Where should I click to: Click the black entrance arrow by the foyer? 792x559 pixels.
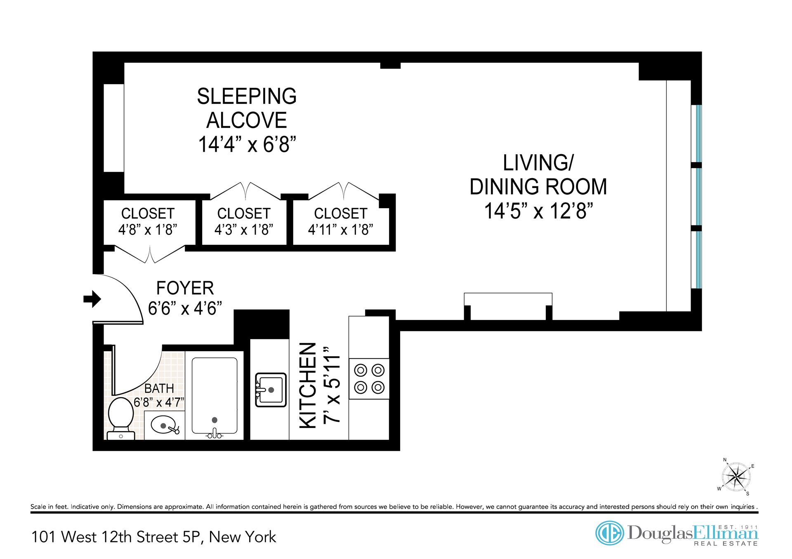(x=92, y=298)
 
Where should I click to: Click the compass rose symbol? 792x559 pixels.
(x=736, y=477)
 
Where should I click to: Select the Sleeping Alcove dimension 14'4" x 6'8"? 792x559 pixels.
(x=247, y=145)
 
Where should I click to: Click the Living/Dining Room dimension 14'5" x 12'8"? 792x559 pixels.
(x=538, y=211)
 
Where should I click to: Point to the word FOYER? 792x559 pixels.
(x=185, y=288)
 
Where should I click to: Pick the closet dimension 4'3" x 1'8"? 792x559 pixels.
(x=244, y=230)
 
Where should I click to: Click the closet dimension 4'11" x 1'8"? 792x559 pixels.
(x=341, y=230)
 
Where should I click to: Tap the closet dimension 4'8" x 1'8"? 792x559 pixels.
(x=148, y=230)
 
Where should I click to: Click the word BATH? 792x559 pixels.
(x=159, y=389)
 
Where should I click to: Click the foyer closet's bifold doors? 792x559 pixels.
(x=150, y=254)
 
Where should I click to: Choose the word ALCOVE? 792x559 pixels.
(x=247, y=120)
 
